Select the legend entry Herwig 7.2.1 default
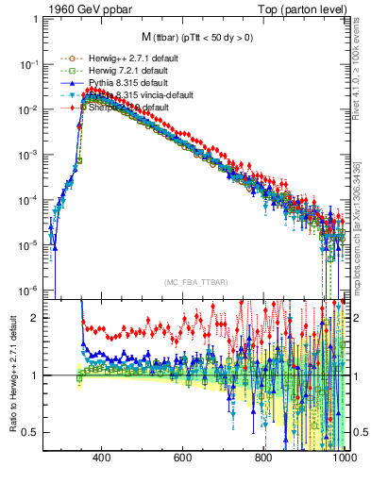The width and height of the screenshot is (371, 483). (x=109, y=71)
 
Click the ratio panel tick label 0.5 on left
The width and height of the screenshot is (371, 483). (x=31, y=432)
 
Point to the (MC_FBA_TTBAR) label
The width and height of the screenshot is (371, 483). (x=194, y=282)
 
